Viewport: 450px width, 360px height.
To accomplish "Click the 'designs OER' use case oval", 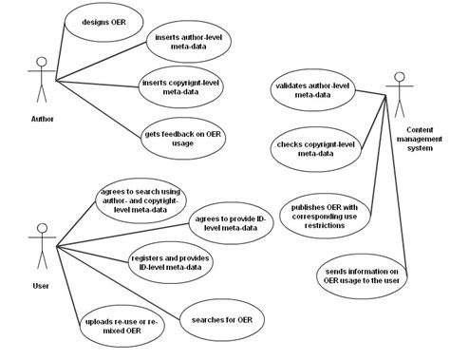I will [99, 20].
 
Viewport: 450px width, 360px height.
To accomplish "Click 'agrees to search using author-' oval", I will [139, 202].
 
